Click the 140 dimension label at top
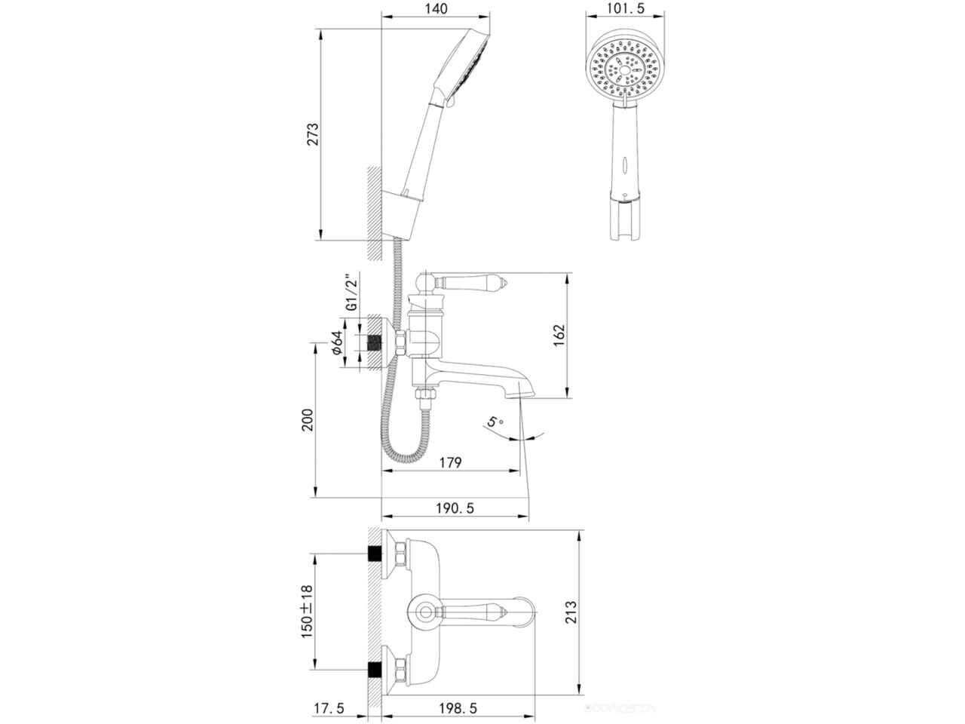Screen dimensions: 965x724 [436, 9]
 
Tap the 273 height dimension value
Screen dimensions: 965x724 [313, 134]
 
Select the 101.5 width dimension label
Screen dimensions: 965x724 [626, 8]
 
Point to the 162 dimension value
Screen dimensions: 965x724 [559, 336]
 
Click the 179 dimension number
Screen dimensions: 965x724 [451, 462]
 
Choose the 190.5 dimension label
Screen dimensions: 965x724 [455, 508]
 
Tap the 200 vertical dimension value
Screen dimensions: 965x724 [308, 420]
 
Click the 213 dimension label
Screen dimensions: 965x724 [571, 612]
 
